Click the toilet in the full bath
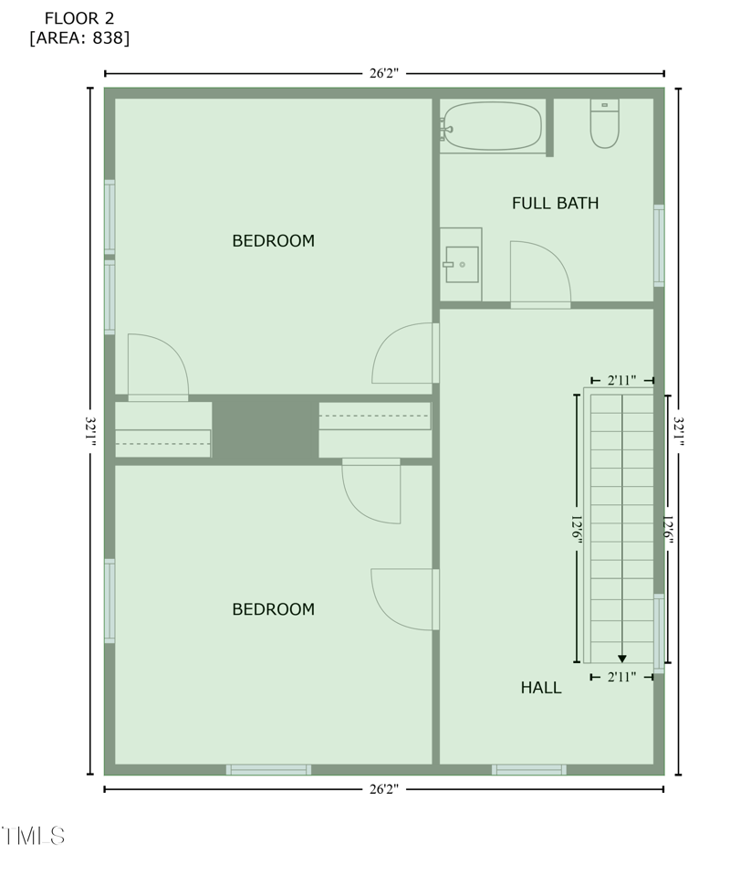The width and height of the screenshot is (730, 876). [604, 123]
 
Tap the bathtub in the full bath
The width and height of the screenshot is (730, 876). [493, 126]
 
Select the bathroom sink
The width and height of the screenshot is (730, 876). [462, 264]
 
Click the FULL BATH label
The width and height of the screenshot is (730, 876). [555, 203]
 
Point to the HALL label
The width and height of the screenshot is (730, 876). [541, 688]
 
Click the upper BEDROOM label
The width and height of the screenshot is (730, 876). [273, 241]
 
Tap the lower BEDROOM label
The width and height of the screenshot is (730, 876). [273, 609]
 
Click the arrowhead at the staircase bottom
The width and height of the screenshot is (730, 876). [622, 658]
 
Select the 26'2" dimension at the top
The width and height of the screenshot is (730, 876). [384, 74]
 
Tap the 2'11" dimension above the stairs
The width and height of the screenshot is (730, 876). [621, 379]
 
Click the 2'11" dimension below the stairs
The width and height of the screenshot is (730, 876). [621, 677]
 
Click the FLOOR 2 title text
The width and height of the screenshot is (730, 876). [79, 18]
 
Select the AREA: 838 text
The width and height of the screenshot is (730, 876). [79, 38]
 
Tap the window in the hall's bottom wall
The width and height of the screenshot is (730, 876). [529, 769]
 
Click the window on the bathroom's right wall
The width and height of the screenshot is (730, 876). [659, 246]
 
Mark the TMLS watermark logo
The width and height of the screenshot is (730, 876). [34, 835]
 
